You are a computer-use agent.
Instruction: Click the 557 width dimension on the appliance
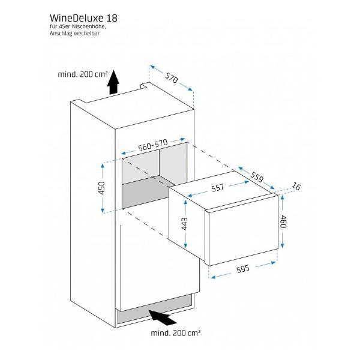click(x=217, y=188)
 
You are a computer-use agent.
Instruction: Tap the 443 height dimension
click(x=185, y=224)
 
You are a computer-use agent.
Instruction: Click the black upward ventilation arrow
click(x=112, y=87)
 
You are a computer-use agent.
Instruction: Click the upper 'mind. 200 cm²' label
click(x=82, y=74)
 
